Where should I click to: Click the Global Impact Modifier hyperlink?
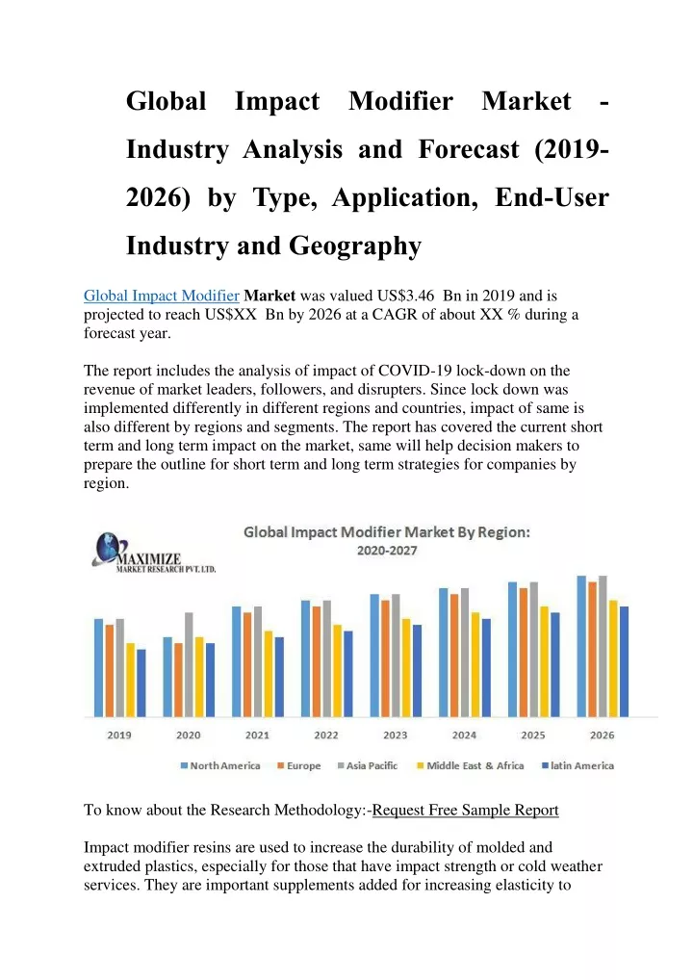[x=162, y=296]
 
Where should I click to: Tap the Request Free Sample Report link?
[x=465, y=810]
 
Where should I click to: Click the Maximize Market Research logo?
[x=154, y=553]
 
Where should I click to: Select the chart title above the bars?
[x=387, y=531]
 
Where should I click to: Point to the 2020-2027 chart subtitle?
[x=387, y=551]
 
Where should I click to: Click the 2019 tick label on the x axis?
[x=119, y=735]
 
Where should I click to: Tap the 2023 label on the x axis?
[x=395, y=735]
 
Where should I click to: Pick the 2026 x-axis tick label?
[x=602, y=735]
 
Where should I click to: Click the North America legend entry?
[x=220, y=765]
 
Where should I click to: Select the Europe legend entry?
[x=298, y=765]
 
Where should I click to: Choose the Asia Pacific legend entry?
[x=368, y=765]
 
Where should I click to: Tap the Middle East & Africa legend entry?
[x=471, y=765]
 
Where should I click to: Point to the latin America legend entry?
[x=578, y=765]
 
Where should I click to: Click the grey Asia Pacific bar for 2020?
[x=189, y=664]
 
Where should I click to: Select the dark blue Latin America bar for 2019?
[x=141, y=683]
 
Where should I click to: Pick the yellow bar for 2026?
[x=614, y=658]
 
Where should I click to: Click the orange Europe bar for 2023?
[x=386, y=658]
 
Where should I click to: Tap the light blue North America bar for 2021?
[x=236, y=661]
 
